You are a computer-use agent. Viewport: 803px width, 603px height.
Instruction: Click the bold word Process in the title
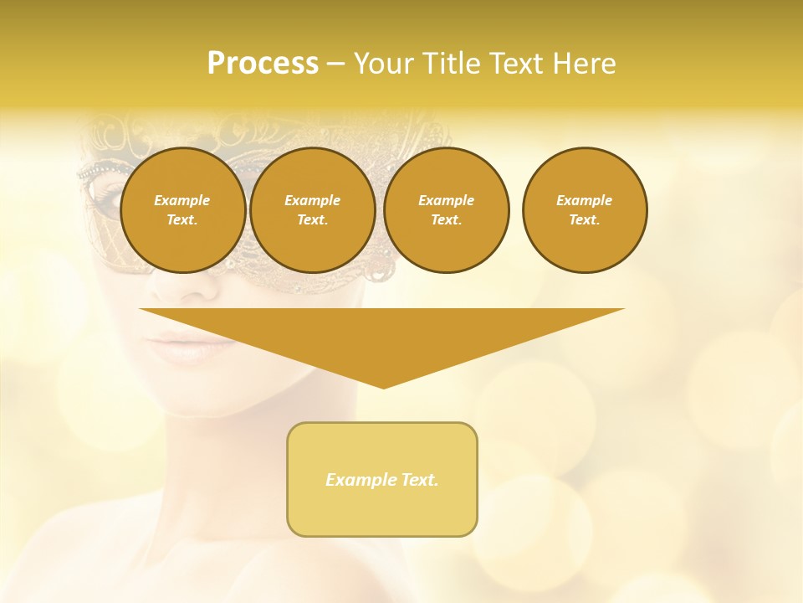point(263,64)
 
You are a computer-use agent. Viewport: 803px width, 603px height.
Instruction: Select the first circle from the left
point(182,210)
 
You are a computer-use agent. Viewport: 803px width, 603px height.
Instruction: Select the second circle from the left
point(313,210)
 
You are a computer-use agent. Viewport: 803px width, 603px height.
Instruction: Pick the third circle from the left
point(447,210)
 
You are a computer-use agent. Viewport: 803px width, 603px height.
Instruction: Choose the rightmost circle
point(585,210)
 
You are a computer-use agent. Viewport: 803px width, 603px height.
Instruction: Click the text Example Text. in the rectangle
point(382,480)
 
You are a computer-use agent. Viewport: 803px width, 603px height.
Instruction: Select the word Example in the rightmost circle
point(584,200)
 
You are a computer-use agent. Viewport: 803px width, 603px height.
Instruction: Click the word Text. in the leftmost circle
point(182,220)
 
